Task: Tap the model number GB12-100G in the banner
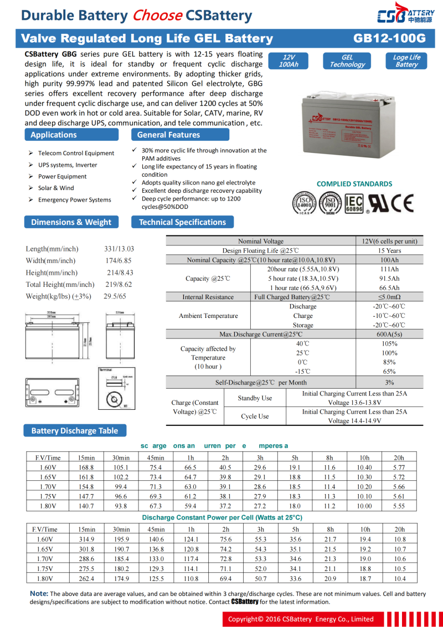point(389,39)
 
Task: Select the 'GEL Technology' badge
point(347,61)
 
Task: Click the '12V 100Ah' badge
point(289,61)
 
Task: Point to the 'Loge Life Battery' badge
point(406,61)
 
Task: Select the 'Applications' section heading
point(54,135)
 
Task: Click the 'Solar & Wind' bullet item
point(56,188)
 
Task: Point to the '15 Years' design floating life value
point(389,251)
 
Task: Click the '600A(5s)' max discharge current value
point(389,335)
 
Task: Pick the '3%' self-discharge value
point(389,383)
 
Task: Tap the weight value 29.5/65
point(115,297)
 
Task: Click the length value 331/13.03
point(119,249)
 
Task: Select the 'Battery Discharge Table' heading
point(74,431)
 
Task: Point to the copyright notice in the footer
point(301,619)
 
